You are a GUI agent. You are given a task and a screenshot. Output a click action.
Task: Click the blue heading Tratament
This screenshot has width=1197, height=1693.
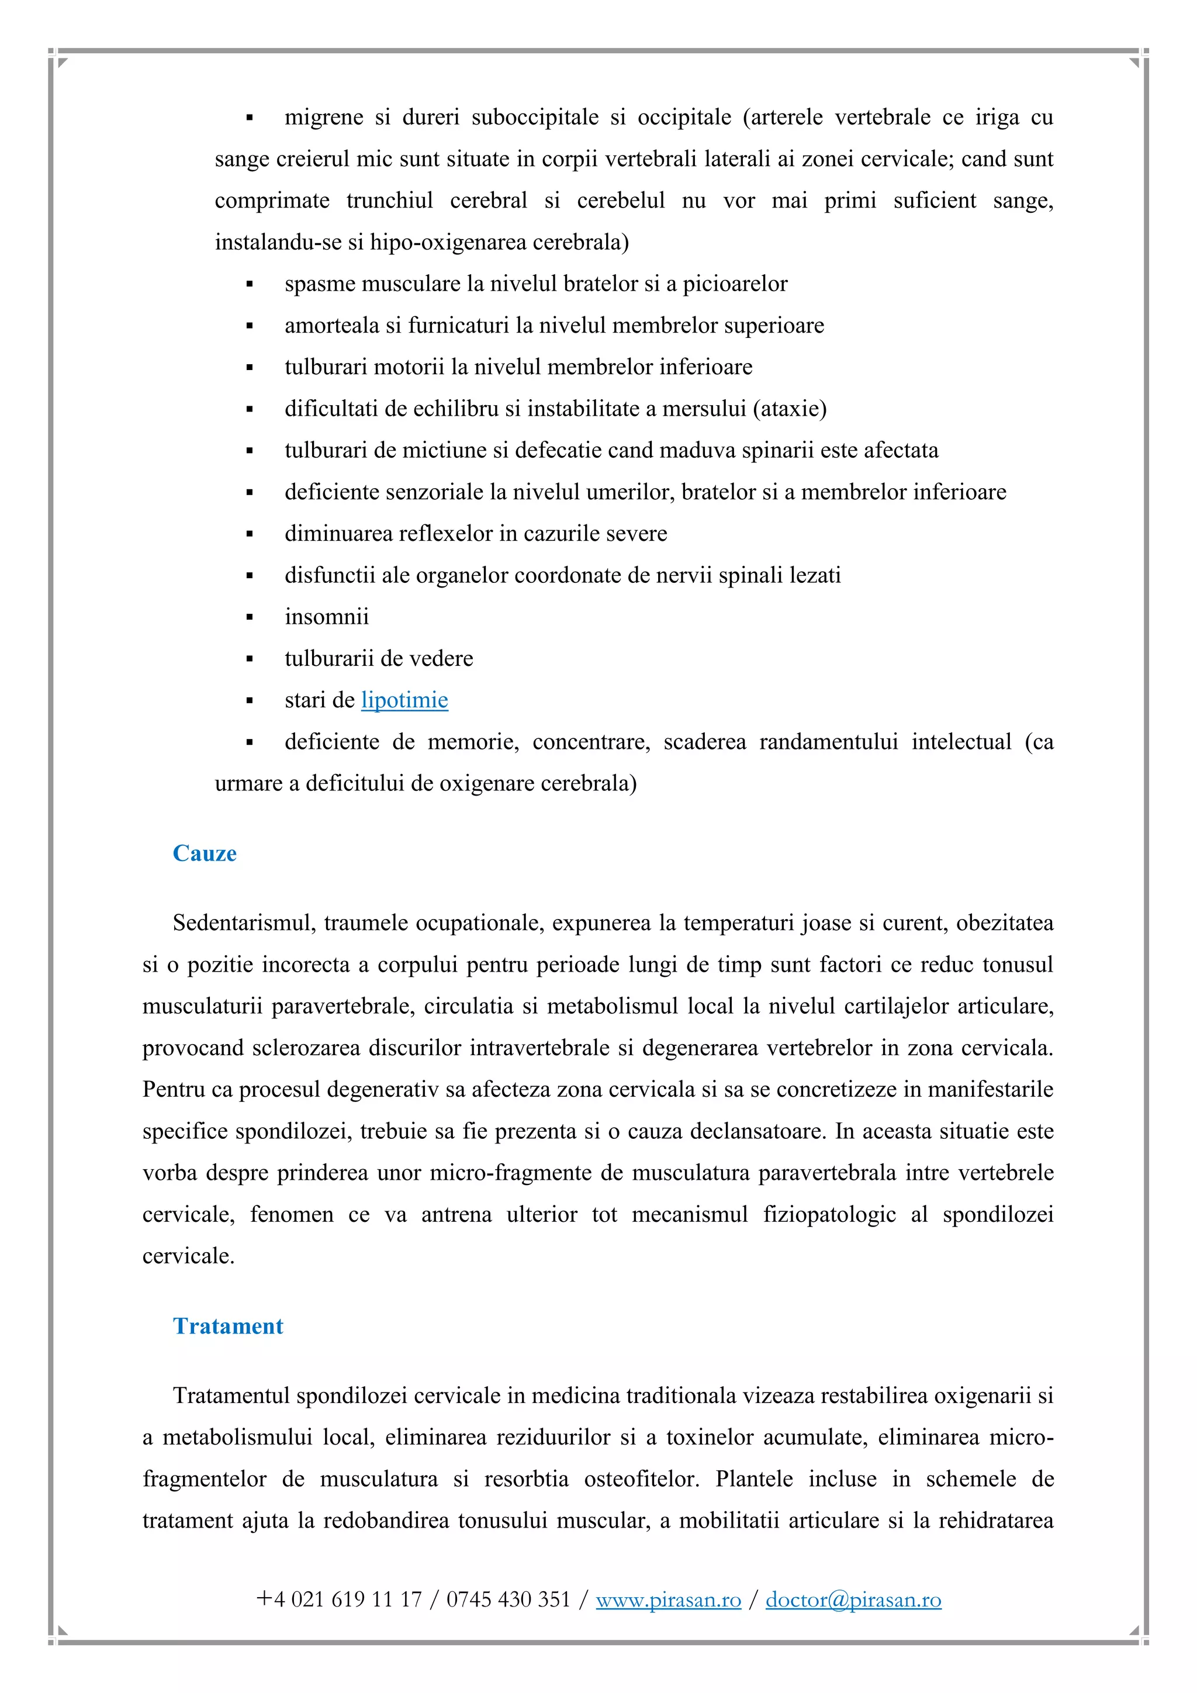(x=228, y=1326)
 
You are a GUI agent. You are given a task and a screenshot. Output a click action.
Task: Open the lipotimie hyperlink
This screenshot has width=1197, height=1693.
(x=404, y=700)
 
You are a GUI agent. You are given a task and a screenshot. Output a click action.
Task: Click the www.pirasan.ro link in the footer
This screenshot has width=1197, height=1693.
(x=668, y=1599)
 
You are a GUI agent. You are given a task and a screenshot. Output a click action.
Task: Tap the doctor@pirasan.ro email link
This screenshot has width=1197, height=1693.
(x=853, y=1599)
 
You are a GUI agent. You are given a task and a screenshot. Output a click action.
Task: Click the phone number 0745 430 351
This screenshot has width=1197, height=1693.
(x=508, y=1599)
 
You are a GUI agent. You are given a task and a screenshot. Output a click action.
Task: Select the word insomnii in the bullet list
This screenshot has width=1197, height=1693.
(x=327, y=616)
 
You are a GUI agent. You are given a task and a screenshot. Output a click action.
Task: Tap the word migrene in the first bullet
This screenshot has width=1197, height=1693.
(x=324, y=118)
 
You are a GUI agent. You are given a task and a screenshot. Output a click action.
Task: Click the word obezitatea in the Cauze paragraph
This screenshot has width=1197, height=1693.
(x=1005, y=922)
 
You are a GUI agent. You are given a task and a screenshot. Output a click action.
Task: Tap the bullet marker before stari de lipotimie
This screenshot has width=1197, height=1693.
(x=250, y=700)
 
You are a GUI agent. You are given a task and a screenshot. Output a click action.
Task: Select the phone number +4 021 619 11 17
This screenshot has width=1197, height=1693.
(x=339, y=1599)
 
